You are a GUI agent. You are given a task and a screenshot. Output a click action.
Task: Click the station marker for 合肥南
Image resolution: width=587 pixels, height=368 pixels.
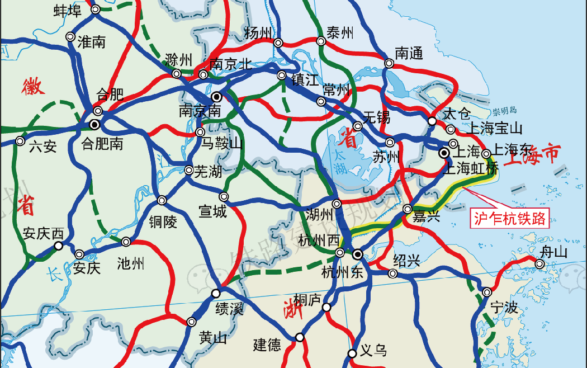pos(95,124)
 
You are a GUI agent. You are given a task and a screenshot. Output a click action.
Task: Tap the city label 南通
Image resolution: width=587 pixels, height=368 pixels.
pos(409,54)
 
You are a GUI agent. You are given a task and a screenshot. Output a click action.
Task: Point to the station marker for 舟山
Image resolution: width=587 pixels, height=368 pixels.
pos(539,263)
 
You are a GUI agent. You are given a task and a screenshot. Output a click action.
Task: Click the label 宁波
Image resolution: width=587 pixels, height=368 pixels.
pos(504,308)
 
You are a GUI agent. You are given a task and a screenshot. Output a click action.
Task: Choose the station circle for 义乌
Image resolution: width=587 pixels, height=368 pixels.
pos(352,353)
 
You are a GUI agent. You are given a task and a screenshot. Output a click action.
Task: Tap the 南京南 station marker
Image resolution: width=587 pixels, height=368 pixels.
pos(216,96)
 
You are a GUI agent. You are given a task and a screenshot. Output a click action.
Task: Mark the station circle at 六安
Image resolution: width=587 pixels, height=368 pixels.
pos(20,141)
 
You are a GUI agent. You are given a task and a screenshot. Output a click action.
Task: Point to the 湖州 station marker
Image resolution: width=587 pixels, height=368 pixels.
pos(337,204)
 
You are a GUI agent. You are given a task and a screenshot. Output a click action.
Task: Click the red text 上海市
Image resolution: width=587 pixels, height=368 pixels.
pos(531,155)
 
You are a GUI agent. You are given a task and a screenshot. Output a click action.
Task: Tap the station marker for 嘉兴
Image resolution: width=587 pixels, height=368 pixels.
pos(408,209)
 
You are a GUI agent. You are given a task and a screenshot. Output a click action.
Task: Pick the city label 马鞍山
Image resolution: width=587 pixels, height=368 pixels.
pos(223,144)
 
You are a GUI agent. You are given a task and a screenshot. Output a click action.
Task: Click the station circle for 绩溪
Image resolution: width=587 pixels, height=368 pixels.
pos(216,293)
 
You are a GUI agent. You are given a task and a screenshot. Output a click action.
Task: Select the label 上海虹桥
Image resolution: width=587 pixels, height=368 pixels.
pos(470,168)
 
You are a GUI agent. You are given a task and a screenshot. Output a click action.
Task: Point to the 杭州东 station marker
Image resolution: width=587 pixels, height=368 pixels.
pos(357,254)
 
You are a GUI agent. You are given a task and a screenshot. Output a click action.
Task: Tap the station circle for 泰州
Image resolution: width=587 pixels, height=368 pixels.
pos(321,41)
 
